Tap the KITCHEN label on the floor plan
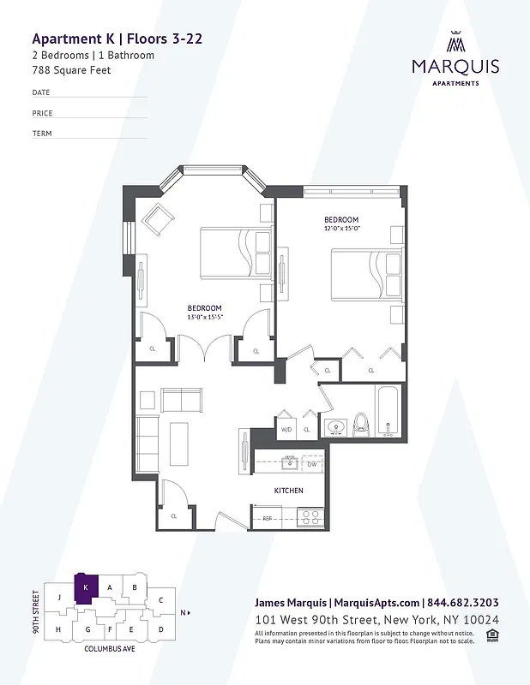287,491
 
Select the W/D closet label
286,429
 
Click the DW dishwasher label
312,465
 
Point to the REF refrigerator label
267,518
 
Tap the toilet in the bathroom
361,423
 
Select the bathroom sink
334,426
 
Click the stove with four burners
310,517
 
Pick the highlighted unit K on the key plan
87,588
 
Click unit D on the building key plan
160,629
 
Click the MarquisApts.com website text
378,602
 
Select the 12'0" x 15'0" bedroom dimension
341,229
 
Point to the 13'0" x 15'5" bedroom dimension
205,317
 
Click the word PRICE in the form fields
42,113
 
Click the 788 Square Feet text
71,70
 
